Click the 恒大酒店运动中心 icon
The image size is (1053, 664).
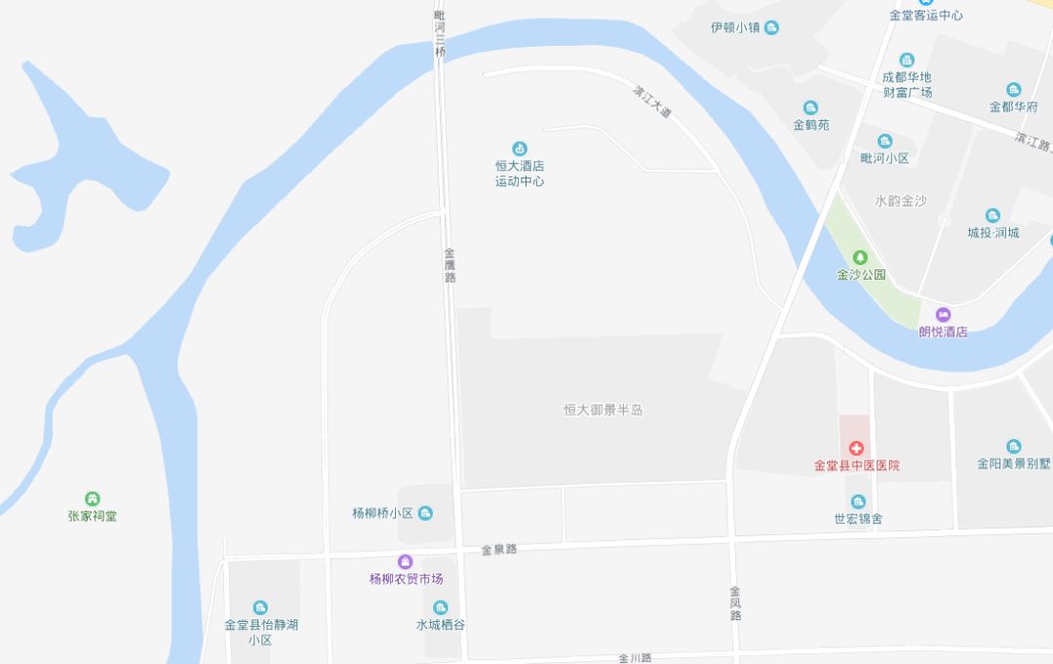tap(520, 149)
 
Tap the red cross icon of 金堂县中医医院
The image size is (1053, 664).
tap(856, 449)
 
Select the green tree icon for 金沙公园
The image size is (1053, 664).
tap(860, 258)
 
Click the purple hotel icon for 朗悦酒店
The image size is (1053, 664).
tap(943, 315)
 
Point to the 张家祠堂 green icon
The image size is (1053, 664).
tap(93, 499)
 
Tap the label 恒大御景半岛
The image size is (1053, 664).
tap(603, 410)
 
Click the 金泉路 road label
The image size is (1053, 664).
tap(498, 550)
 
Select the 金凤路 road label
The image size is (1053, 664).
tap(735, 603)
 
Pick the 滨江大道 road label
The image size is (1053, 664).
tap(652, 101)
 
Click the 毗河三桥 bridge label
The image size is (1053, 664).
tap(440, 30)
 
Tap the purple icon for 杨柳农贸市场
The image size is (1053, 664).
tap(406, 562)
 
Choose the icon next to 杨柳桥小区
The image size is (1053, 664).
tap(425, 513)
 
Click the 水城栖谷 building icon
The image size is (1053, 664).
tap(441, 607)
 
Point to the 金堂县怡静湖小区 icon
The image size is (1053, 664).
tap(259, 607)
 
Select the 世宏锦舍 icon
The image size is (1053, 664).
tap(858, 502)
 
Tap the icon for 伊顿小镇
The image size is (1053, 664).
tap(772, 28)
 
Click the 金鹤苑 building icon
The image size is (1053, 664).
tap(810, 108)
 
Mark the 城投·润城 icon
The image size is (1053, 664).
tap(993, 215)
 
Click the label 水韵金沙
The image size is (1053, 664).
tap(900, 201)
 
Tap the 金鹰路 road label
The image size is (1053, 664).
tap(449, 264)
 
